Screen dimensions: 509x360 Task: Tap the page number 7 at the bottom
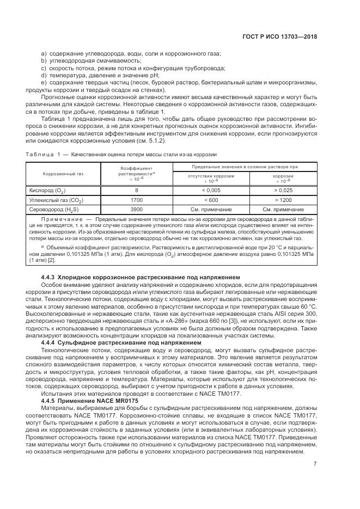click(x=315, y=464)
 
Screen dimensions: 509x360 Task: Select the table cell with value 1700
click(x=137, y=200)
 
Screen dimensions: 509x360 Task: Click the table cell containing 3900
click(x=137, y=209)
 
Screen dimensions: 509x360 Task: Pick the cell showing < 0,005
click(x=211, y=191)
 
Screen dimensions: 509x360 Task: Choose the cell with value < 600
click(x=211, y=200)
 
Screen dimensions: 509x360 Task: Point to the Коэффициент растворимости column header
click(x=137, y=174)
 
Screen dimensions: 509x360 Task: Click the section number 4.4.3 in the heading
click(x=48, y=277)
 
